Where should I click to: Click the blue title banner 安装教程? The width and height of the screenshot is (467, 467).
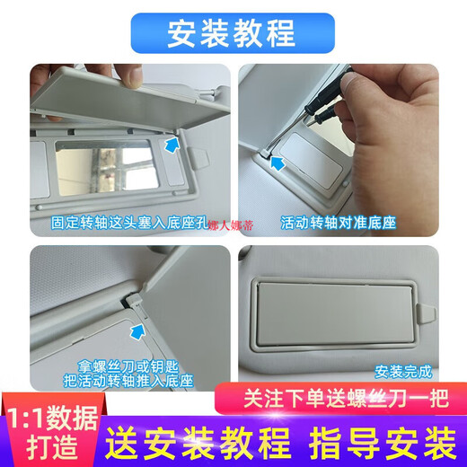tap(233, 33)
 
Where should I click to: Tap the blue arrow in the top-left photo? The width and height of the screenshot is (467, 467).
tap(172, 145)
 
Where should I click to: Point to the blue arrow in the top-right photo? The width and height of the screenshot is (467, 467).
tap(278, 163)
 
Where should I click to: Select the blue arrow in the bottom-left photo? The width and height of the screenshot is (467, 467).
tap(137, 331)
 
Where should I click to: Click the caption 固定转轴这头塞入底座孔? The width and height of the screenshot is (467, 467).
tap(129, 223)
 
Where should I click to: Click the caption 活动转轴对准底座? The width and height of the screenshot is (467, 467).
tap(339, 223)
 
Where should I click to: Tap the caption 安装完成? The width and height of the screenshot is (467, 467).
tap(403, 372)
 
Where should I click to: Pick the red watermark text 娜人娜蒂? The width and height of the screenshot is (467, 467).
tap(231, 225)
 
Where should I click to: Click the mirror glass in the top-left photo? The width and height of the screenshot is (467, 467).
tap(107, 168)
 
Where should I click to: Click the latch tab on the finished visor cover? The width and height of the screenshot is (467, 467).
tap(426, 313)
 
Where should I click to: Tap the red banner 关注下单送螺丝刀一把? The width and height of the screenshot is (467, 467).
tap(341, 399)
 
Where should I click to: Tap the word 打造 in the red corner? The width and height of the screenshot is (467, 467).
tap(52, 447)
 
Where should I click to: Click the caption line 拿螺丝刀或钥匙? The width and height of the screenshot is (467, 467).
tap(128, 366)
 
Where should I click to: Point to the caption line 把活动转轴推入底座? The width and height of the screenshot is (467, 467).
tap(128, 381)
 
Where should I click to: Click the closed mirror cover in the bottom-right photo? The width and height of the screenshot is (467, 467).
tap(335, 313)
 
